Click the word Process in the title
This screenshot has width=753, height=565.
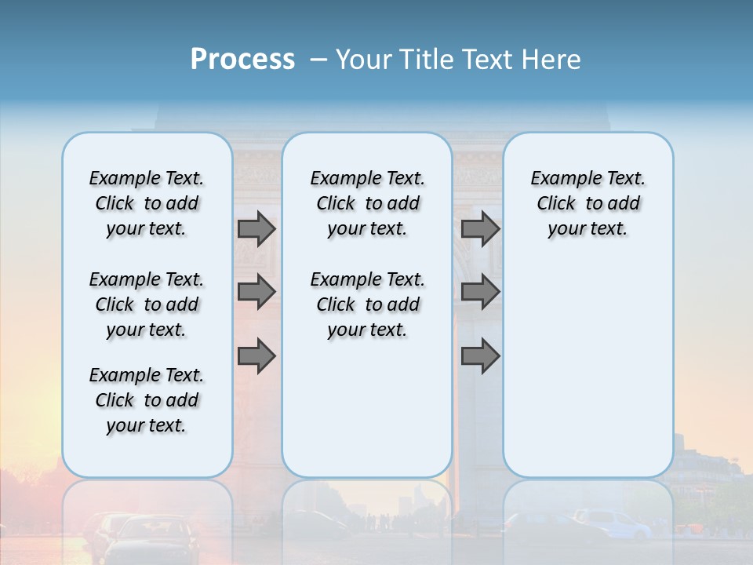tap(242, 60)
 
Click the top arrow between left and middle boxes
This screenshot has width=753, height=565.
tap(256, 229)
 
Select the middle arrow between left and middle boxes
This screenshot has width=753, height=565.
tap(256, 292)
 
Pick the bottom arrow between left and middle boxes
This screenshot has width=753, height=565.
tap(256, 355)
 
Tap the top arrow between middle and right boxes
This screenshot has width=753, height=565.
tap(480, 229)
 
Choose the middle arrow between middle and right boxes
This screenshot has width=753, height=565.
tap(480, 292)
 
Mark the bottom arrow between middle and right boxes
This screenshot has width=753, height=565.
tap(480, 355)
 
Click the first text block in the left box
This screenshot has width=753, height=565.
tap(147, 203)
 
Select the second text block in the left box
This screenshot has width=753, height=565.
tap(147, 304)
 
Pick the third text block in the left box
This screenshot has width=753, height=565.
tap(147, 400)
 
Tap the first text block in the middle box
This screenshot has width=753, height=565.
tap(367, 203)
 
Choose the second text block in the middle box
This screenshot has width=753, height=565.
tap(367, 304)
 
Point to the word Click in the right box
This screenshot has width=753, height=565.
tap(556, 204)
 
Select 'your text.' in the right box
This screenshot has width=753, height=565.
tap(587, 229)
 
